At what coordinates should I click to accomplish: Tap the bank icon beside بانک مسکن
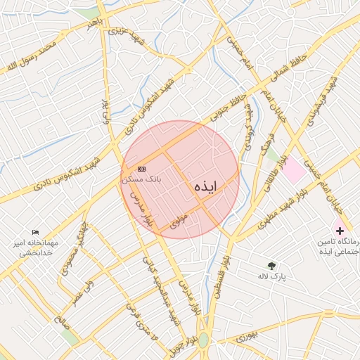pos(142,169)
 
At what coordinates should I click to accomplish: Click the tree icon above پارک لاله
pos(271,265)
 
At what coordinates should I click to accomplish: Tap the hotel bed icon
pos(36,233)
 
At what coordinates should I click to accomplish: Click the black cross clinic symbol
pos(340,230)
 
